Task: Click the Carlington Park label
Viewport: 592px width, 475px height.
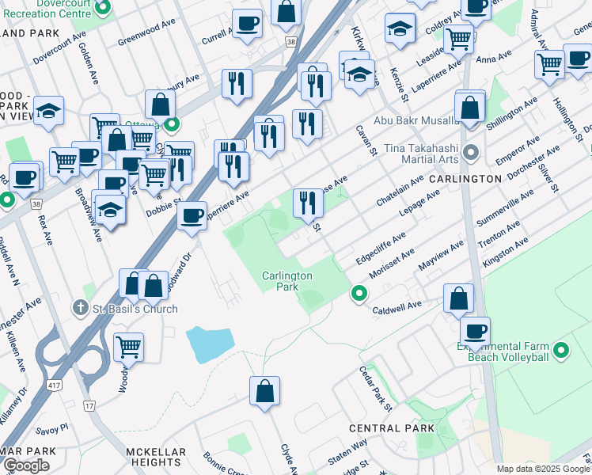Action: pos(287,281)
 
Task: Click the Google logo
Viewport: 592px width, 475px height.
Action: pos(26,466)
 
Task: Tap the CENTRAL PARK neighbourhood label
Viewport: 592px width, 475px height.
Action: pos(392,428)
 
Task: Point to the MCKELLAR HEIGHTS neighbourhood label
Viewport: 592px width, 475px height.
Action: pos(156,457)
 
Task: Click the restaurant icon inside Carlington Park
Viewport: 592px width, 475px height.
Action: pos(307,203)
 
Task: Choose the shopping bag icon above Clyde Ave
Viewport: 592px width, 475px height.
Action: pos(264,390)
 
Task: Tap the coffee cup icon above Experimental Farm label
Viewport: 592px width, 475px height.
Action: pos(475,331)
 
